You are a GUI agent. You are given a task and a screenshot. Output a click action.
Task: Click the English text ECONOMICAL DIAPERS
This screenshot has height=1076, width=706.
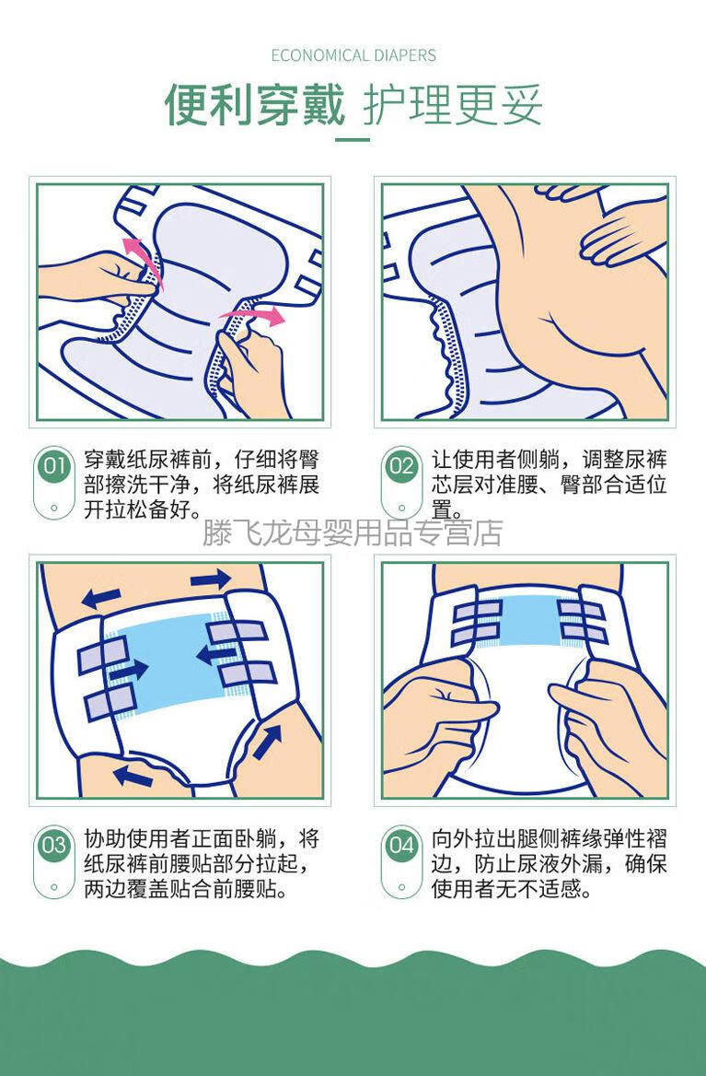pos(353,55)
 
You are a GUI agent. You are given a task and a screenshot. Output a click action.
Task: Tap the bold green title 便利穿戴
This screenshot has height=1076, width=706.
pos(255,105)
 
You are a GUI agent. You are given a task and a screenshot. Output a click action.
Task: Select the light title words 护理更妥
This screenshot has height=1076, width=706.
pos(452,105)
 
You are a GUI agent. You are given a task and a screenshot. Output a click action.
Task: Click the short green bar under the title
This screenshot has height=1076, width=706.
pos(353,139)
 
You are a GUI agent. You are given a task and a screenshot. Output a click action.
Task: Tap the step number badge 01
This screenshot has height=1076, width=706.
pos(53,466)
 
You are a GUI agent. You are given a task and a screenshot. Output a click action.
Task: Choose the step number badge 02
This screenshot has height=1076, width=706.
pos(401,466)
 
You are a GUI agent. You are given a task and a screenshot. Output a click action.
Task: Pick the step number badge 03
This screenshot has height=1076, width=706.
pos(53,845)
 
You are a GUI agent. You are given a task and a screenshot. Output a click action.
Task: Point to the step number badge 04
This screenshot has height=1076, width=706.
pos(401,845)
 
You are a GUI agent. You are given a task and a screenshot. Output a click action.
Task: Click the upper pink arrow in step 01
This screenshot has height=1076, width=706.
pos(142,257)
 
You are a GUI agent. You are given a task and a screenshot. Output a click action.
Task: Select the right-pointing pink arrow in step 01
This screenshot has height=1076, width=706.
pos(251,317)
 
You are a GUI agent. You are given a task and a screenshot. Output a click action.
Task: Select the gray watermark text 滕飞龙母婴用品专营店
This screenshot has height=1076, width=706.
pos(353,532)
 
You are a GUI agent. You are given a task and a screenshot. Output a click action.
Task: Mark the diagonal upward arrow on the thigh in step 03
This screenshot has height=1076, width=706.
pos(268,743)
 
